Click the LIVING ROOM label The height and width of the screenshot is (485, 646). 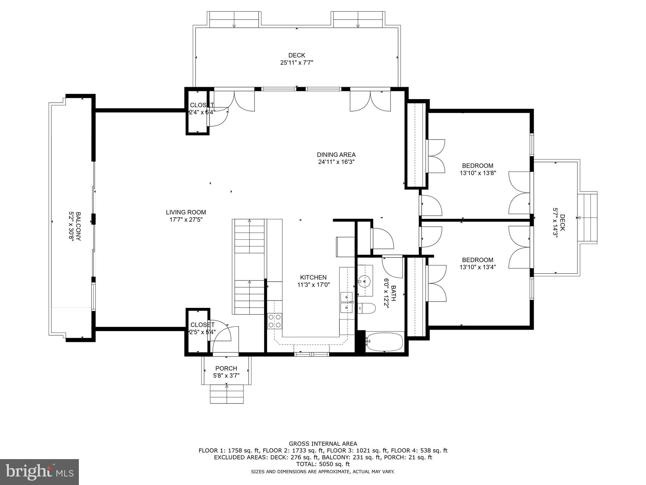click(x=186, y=213)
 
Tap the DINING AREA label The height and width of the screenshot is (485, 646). click(x=336, y=155)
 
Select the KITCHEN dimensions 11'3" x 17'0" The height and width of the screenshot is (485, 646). click(x=313, y=284)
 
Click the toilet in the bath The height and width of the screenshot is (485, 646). click(x=367, y=308)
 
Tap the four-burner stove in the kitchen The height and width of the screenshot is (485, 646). click(x=274, y=321)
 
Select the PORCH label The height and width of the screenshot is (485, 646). click(x=226, y=368)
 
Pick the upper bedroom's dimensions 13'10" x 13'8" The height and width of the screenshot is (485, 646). click(x=478, y=173)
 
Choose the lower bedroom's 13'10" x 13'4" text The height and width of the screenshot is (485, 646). click(x=478, y=267)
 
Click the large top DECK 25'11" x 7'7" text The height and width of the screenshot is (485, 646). click(x=297, y=63)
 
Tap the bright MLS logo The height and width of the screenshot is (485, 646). click(x=39, y=472)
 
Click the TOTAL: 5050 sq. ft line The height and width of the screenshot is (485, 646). click(x=323, y=464)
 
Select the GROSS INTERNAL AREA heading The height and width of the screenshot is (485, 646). click(x=323, y=444)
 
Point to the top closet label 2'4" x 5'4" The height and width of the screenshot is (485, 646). click(x=202, y=112)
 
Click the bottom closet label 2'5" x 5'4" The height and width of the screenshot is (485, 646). click(x=202, y=332)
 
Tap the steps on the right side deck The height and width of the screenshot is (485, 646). click(x=587, y=218)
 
